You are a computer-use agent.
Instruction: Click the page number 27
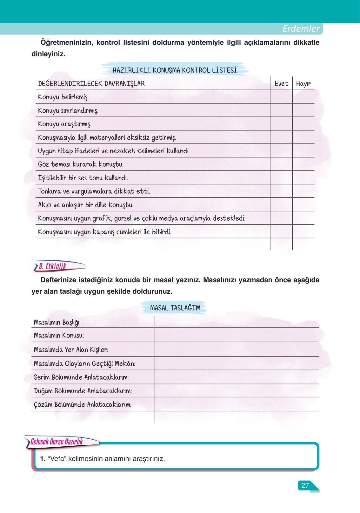pyautogui.click(x=305, y=485)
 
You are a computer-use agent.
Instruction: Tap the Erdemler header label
pyautogui.click(x=301, y=29)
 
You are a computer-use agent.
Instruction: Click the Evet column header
pyautogui.click(x=281, y=83)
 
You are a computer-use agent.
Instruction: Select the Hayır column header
pyautogui.click(x=303, y=83)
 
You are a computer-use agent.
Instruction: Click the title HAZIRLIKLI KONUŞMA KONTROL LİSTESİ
pyautogui.click(x=175, y=70)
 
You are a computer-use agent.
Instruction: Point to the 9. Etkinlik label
pyautogui.click(x=53, y=266)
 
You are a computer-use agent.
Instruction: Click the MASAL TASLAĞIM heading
pyautogui.click(x=175, y=308)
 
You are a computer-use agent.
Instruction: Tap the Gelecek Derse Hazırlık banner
pyautogui.click(x=57, y=442)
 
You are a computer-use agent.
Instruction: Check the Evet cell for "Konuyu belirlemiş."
pyautogui.click(x=281, y=97)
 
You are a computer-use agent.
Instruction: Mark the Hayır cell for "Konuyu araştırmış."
pyautogui.click(x=303, y=124)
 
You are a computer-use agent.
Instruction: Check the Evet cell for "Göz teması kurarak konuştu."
pyautogui.click(x=281, y=164)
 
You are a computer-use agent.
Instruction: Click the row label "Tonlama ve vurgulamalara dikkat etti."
pyautogui.click(x=94, y=191)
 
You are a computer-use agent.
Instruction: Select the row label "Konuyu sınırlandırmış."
pyautogui.click(x=68, y=110)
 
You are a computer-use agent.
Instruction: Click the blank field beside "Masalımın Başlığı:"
pyautogui.click(x=237, y=322)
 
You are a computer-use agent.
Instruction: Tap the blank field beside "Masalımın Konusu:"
pyautogui.click(x=237, y=335)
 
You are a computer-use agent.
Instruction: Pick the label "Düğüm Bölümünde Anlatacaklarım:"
pyautogui.click(x=83, y=391)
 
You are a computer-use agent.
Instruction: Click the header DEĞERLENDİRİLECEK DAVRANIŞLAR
pyautogui.click(x=91, y=83)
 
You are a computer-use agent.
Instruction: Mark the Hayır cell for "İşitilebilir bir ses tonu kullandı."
pyautogui.click(x=303, y=178)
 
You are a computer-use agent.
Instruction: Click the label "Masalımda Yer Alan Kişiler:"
pyautogui.click(x=71, y=350)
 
